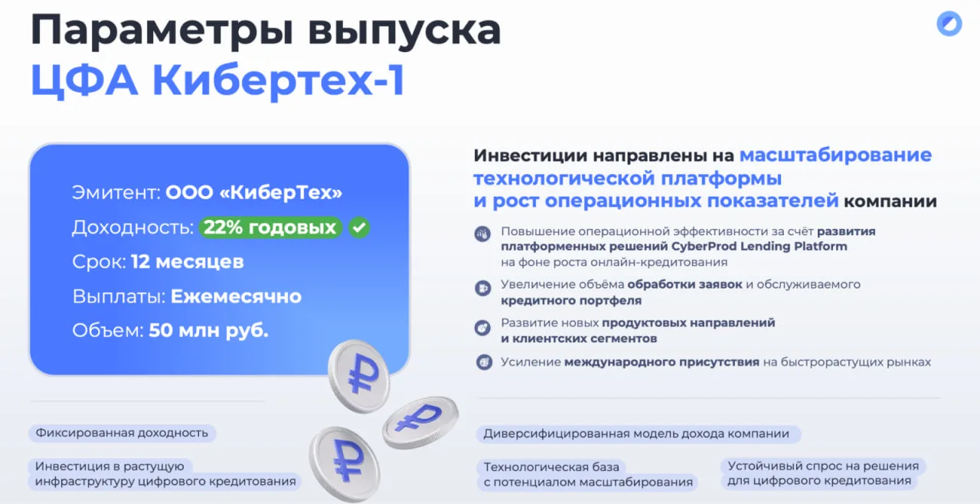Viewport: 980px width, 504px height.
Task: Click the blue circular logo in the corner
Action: tap(949, 24)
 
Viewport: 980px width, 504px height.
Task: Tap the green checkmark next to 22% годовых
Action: tap(359, 227)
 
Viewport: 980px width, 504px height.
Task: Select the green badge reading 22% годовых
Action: tap(270, 227)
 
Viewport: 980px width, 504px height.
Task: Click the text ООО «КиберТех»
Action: tap(253, 192)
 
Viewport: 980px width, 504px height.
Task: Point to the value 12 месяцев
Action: tap(188, 262)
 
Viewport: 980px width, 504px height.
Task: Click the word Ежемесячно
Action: tap(237, 296)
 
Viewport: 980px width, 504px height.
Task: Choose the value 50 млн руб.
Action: tap(209, 331)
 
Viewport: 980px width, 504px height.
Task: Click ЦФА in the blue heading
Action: tap(84, 80)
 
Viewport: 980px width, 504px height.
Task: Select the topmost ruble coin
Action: tap(359, 376)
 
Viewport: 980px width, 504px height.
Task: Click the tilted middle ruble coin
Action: tap(420, 422)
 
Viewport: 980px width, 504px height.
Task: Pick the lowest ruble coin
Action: tap(345, 463)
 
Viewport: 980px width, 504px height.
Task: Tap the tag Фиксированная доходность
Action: tap(122, 433)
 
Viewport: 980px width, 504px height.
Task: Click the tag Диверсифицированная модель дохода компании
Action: tap(638, 434)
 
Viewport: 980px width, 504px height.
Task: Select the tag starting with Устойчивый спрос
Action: tap(822, 473)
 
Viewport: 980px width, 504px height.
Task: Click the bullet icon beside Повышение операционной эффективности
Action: tap(483, 234)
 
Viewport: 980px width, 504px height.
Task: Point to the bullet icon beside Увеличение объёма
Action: tap(483, 288)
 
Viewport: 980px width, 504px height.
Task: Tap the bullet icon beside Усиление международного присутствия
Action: tap(484, 362)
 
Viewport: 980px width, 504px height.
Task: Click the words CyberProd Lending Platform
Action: tap(759, 247)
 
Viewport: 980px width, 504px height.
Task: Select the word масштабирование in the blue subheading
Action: tap(835, 155)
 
